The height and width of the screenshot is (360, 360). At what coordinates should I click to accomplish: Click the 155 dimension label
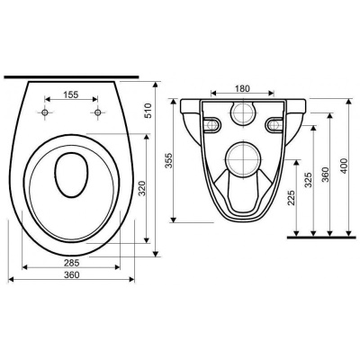(x=71, y=94)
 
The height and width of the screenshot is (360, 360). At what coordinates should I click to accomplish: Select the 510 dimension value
(x=148, y=111)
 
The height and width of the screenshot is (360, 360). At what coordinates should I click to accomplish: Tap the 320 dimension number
(x=143, y=189)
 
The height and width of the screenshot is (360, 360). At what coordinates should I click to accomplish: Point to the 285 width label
(x=71, y=263)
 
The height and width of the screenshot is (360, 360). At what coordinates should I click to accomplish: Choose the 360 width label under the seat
(x=72, y=274)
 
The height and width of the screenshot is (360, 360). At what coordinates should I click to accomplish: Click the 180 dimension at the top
(x=242, y=88)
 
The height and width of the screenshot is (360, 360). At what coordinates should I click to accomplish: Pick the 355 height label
(x=170, y=160)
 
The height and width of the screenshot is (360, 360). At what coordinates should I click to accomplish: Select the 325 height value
(x=309, y=180)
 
